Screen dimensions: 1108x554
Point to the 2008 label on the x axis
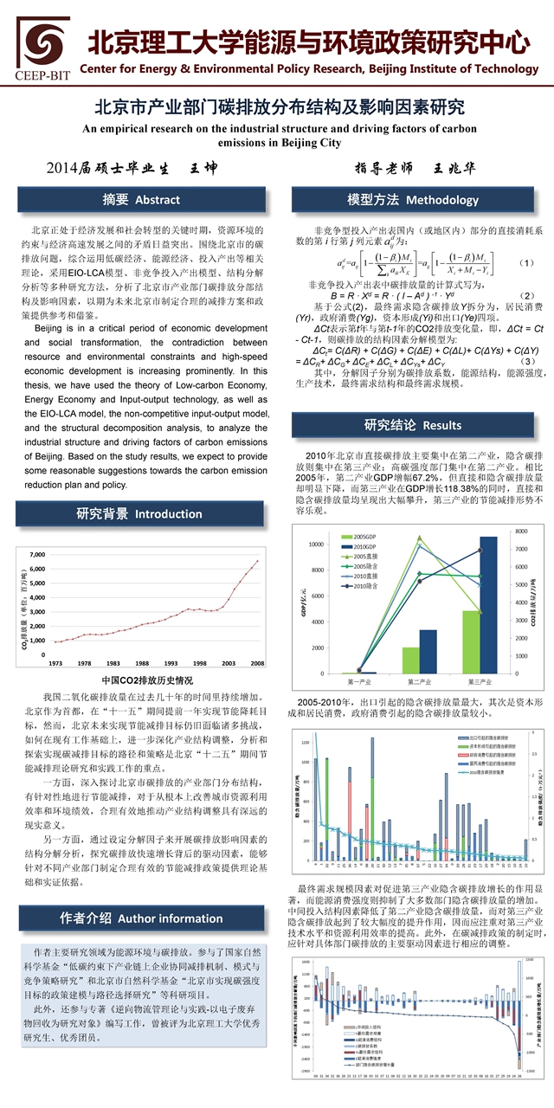257,662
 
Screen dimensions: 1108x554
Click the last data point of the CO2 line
257,561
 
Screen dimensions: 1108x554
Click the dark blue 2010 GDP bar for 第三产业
487,605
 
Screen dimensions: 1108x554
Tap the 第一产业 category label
348,682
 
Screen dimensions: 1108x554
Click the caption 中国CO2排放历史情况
141,680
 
